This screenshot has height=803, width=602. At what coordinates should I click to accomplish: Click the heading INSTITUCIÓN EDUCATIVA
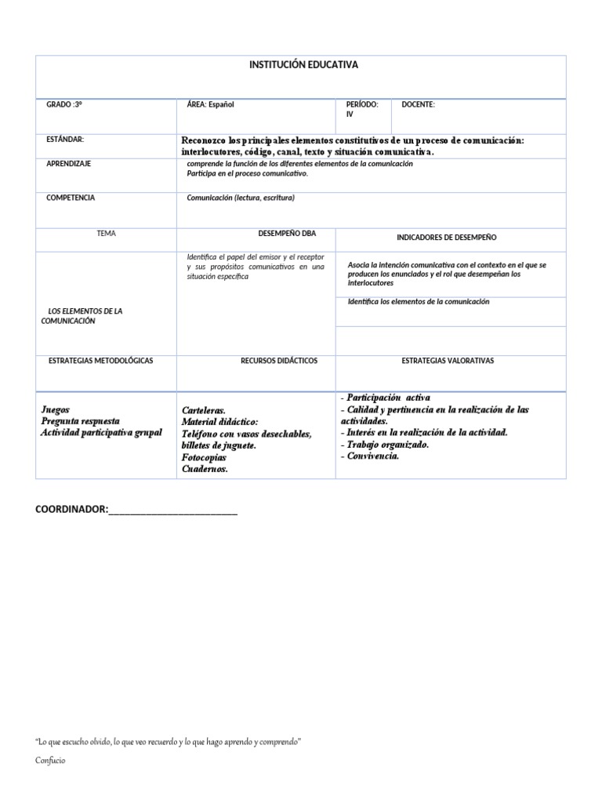tap(303, 65)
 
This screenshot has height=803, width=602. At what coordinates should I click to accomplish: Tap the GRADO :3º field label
tap(64, 104)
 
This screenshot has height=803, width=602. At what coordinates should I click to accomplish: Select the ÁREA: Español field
tap(211, 104)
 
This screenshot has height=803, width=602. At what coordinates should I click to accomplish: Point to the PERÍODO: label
tap(362, 104)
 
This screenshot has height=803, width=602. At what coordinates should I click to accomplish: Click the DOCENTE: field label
tap(418, 104)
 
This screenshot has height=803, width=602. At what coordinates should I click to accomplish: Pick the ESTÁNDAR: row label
tap(65, 140)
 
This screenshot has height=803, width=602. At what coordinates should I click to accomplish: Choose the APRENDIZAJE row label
tap(69, 163)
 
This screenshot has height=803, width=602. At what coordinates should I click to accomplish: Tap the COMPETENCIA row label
tap(71, 198)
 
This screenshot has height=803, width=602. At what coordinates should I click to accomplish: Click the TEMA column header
tap(106, 233)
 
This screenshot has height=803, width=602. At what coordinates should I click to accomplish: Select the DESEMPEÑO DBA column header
tap(287, 233)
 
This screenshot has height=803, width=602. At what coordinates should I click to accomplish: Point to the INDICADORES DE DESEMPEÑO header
tap(446, 237)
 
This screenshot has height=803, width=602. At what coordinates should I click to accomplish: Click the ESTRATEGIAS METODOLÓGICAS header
tap(100, 361)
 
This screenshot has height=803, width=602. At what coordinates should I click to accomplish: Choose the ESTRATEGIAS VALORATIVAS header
tap(448, 361)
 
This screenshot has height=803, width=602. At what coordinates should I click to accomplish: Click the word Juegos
tap(55, 409)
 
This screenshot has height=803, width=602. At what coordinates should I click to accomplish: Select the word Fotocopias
tap(204, 457)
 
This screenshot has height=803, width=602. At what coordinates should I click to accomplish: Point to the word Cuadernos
tap(205, 469)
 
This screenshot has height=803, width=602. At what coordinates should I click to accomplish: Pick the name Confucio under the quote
tap(51, 760)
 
